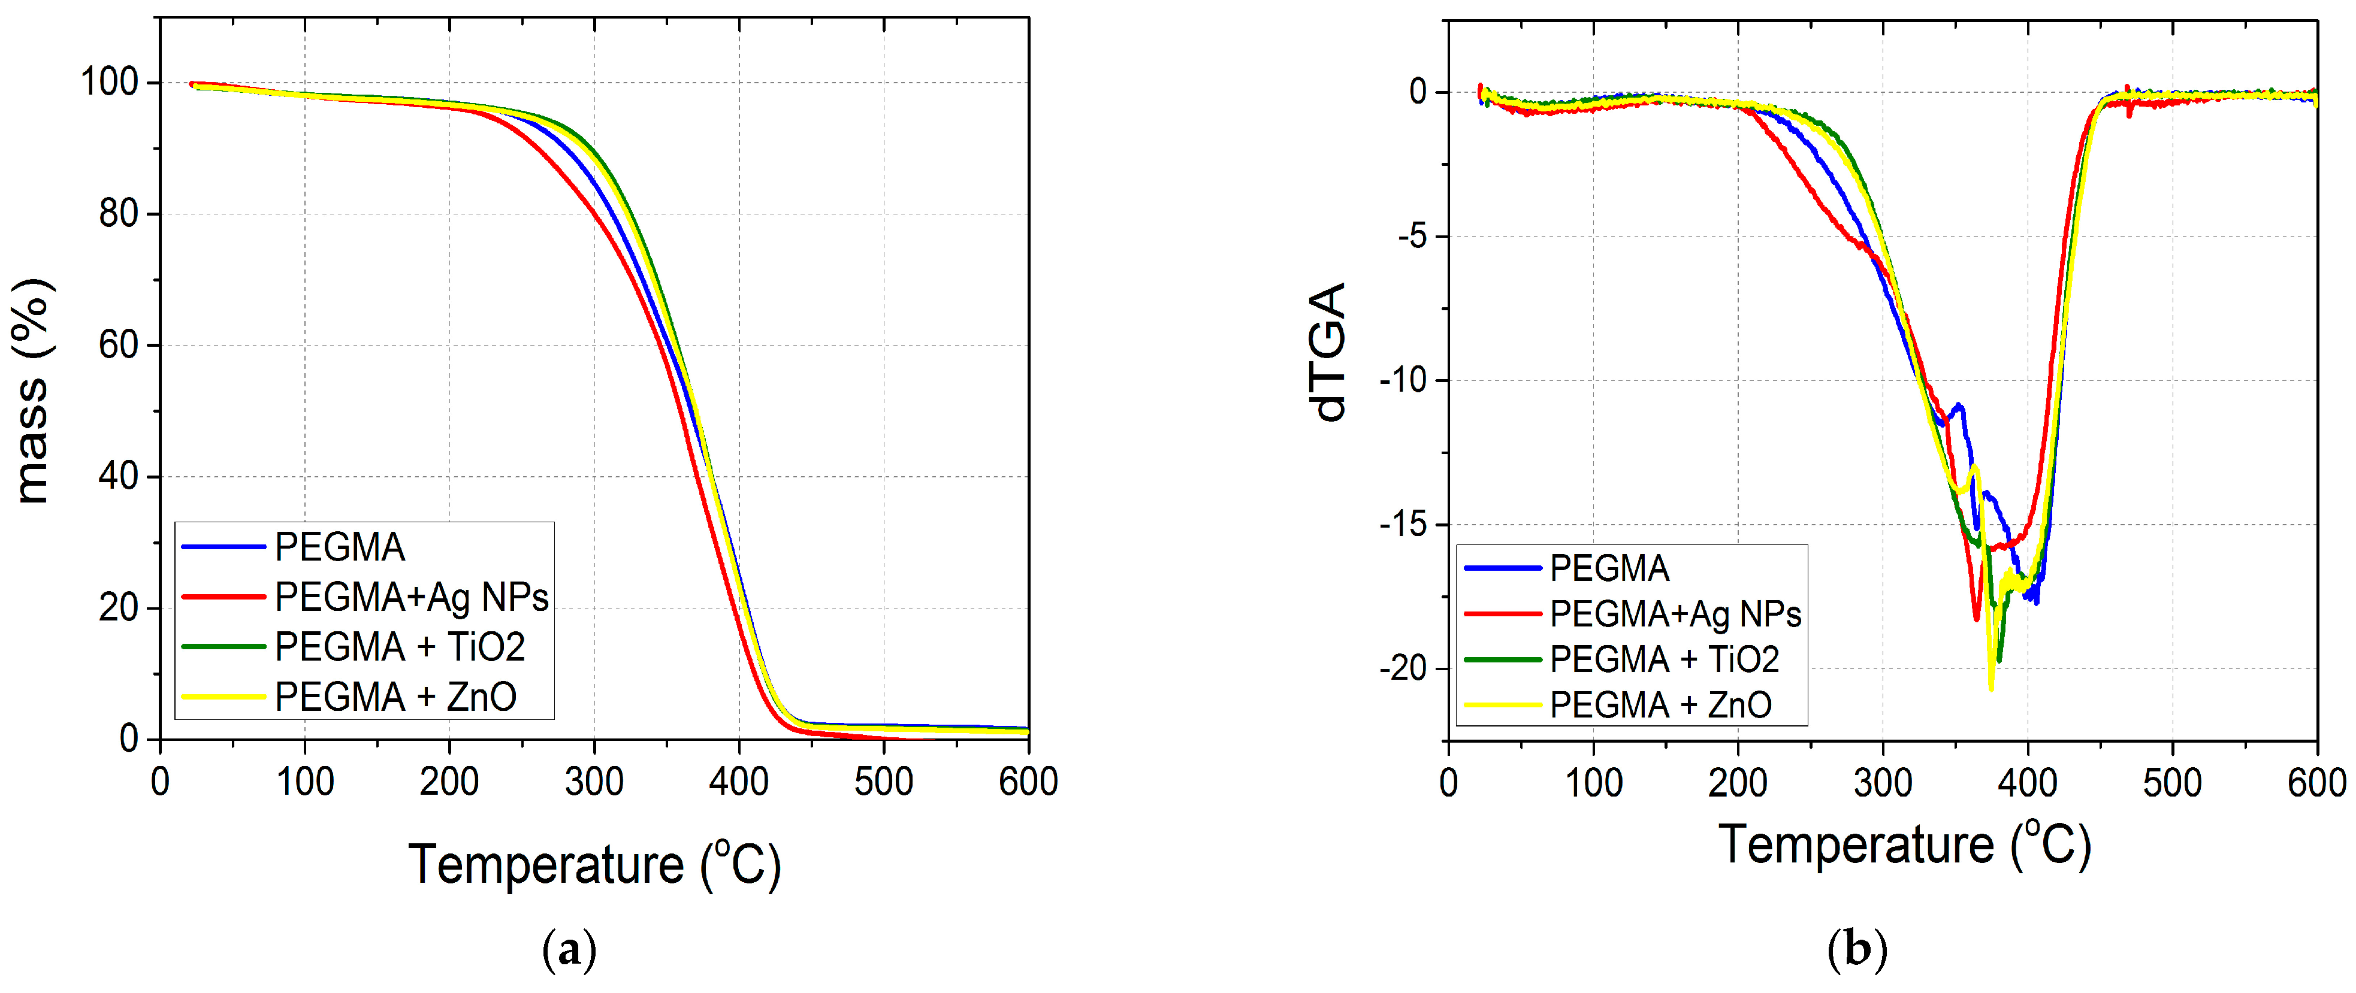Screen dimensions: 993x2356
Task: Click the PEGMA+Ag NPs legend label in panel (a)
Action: pos(412,597)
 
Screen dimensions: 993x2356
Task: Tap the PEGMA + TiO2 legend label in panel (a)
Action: pos(400,647)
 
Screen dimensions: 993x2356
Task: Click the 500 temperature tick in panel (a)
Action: pos(883,782)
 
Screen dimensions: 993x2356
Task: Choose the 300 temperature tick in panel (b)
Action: pos(1882,783)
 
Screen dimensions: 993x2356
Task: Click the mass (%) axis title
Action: pos(33,391)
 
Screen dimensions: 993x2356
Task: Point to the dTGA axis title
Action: pos(1328,352)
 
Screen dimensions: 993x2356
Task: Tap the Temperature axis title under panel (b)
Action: pos(1904,844)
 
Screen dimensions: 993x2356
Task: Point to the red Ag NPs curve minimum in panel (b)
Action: pos(1976,619)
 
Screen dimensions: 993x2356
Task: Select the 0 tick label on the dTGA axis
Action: pos(1418,92)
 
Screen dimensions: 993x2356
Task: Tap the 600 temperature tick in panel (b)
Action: pos(2316,783)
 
